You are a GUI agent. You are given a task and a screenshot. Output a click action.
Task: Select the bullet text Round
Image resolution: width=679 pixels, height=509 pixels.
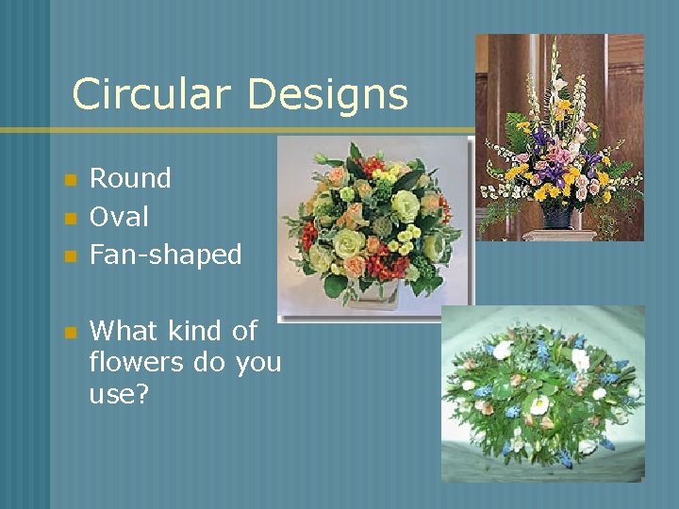tap(130, 178)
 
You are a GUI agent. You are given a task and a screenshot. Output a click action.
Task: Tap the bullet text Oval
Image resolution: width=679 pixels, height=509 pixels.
tap(119, 217)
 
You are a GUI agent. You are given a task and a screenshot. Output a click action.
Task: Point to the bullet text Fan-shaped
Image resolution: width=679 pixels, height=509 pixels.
tap(165, 254)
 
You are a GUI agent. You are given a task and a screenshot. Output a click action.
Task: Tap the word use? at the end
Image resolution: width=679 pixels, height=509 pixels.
tap(119, 395)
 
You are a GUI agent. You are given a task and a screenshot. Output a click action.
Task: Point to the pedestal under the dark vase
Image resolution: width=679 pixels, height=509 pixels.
tap(560, 235)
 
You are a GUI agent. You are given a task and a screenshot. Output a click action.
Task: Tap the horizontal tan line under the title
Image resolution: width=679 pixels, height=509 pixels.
tap(236, 130)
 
